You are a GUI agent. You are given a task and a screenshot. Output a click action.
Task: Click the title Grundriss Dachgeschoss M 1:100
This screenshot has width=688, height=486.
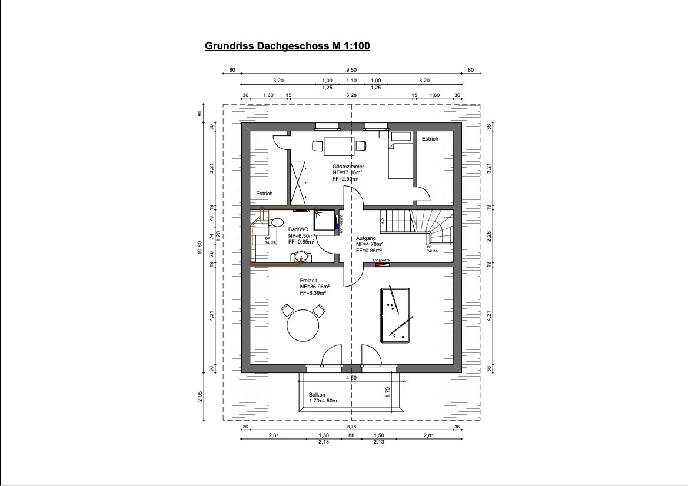coord(287,46)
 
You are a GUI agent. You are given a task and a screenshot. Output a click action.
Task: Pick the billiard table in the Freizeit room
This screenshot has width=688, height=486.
coord(397,315)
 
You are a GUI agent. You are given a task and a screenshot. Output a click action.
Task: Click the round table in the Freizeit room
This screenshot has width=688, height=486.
coord(303,324)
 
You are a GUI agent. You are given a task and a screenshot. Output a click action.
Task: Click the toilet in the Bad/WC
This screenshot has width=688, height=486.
coord(275,222)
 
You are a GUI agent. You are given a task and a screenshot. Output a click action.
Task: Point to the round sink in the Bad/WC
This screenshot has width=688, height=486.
coord(301,256)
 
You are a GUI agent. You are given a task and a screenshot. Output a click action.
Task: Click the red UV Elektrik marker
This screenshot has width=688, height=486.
coord(382,264)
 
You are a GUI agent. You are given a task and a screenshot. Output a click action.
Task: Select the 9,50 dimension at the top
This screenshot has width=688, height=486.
coord(352,70)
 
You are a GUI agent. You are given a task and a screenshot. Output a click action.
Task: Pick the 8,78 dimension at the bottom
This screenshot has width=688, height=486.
coord(351,427)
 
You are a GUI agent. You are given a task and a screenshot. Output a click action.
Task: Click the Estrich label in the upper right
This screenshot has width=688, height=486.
coord(430,139)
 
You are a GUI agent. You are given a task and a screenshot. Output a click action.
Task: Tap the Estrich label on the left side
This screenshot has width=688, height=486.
coord(264,194)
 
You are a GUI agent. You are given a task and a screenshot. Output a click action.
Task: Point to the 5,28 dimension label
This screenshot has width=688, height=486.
coord(351,95)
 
